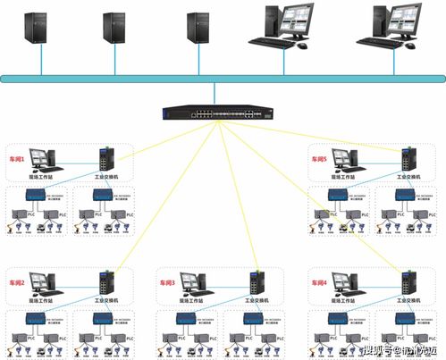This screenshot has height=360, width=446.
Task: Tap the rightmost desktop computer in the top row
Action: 388,25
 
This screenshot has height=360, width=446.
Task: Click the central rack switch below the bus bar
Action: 215,114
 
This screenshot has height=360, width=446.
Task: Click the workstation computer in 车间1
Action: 43,158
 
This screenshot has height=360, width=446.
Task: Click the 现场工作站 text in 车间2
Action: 43,302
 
